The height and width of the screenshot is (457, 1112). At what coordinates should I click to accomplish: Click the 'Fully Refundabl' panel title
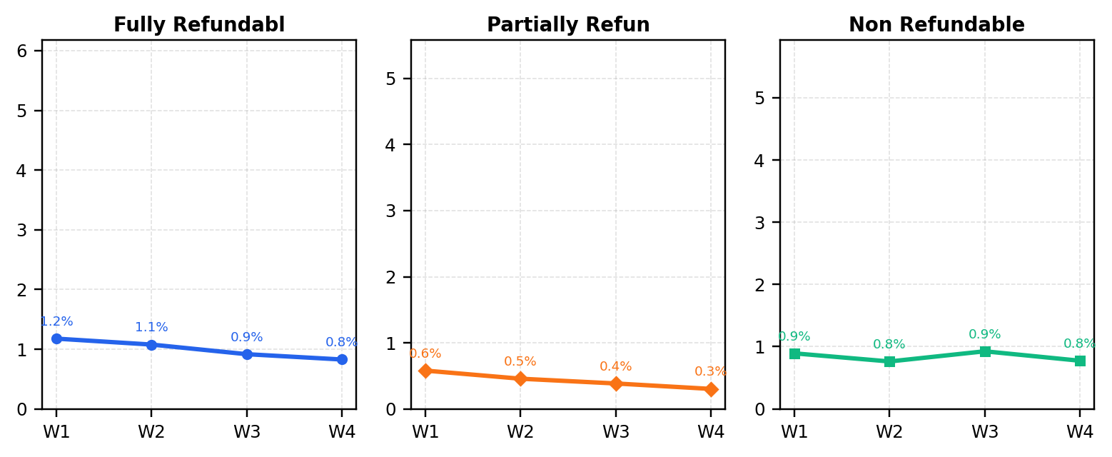(x=199, y=24)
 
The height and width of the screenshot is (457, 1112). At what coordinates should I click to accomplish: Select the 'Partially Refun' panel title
(x=568, y=24)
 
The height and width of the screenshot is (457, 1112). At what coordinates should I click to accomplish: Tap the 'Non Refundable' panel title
(x=936, y=24)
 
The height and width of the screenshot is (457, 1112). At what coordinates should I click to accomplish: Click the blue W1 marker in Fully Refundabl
(x=56, y=338)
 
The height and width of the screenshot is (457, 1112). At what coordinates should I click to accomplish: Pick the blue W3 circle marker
(x=247, y=354)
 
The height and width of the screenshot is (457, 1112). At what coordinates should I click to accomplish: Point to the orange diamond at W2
(x=520, y=379)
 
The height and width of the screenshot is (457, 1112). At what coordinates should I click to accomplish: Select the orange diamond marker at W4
(x=711, y=389)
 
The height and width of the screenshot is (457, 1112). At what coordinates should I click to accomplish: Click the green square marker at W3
(x=985, y=352)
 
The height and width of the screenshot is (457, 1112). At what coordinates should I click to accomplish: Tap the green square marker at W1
(x=794, y=353)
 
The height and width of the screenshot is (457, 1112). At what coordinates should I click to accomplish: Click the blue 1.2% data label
(x=56, y=321)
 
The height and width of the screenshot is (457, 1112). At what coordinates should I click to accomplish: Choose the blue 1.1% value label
(x=151, y=327)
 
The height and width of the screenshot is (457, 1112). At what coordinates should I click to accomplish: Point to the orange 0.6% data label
(x=425, y=353)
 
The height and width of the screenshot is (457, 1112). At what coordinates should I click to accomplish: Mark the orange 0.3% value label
(x=710, y=371)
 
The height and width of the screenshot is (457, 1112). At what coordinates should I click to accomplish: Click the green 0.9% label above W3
(x=985, y=334)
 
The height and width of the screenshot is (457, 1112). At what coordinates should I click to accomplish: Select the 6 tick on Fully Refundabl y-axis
(x=22, y=51)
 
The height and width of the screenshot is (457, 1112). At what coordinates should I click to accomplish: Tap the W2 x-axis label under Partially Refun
(x=520, y=432)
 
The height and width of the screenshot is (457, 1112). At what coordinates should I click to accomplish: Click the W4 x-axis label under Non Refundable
(x=1080, y=432)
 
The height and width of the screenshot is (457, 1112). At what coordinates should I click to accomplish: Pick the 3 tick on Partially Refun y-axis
(x=391, y=211)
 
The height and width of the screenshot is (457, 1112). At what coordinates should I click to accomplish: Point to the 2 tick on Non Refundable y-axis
(x=760, y=285)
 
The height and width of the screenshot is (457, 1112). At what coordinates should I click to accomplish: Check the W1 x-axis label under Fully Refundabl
(x=56, y=432)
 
